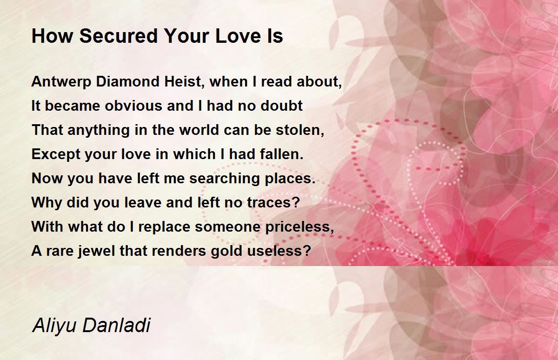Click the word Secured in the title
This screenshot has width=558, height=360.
(x=119, y=36)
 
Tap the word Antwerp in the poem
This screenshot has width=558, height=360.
(x=61, y=82)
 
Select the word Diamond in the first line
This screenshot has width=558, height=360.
(x=127, y=81)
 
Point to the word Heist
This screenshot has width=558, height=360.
(x=184, y=81)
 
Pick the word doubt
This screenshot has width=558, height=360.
(x=281, y=106)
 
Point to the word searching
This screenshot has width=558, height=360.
(x=225, y=179)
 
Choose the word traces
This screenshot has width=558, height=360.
(x=273, y=202)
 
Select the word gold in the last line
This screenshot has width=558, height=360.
(x=226, y=251)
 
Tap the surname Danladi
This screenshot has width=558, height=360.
(x=116, y=325)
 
